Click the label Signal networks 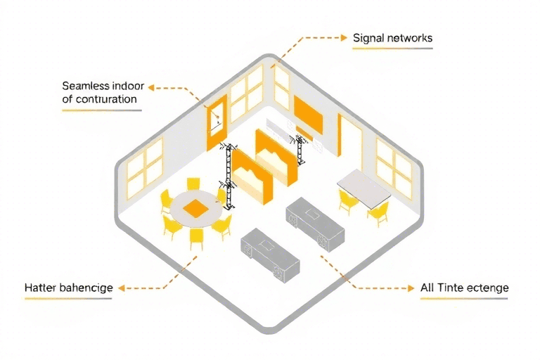(392, 37)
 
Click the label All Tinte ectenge (464, 288)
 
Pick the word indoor (127, 86)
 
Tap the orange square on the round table (194, 207)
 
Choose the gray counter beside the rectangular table (315, 220)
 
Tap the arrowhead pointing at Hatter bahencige (119, 288)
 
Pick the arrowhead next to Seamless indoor (150, 88)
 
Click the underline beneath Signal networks (392, 49)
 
